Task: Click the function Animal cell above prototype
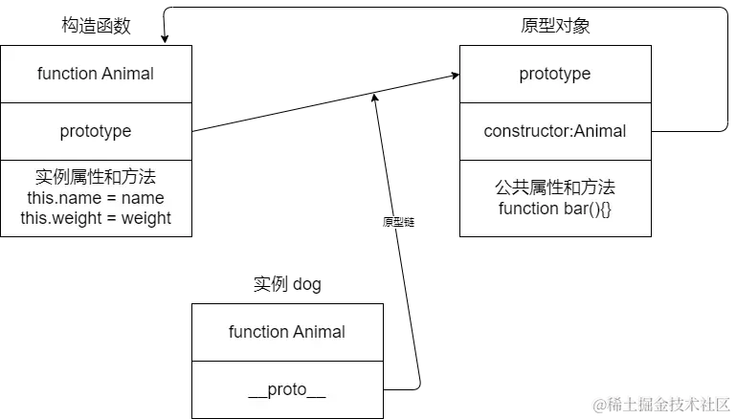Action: (x=96, y=74)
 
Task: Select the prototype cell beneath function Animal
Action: (x=96, y=131)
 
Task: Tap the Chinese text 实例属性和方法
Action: (x=96, y=177)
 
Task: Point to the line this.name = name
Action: (x=96, y=198)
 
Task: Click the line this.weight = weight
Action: (x=96, y=218)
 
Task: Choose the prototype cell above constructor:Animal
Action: (x=555, y=74)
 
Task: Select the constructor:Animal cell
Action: (x=555, y=131)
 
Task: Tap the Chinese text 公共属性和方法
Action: (x=555, y=187)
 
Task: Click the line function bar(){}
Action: (x=555, y=209)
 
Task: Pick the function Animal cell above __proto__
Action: (x=287, y=332)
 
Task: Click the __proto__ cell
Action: (x=287, y=390)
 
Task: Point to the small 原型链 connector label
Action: (x=400, y=222)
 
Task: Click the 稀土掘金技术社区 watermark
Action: (x=660, y=404)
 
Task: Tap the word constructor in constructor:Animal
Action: (x=526, y=131)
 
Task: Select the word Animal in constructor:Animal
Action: (x=599, y=131)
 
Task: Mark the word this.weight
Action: (x=56, y=218)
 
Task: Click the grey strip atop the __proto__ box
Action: (x=287, y=300)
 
